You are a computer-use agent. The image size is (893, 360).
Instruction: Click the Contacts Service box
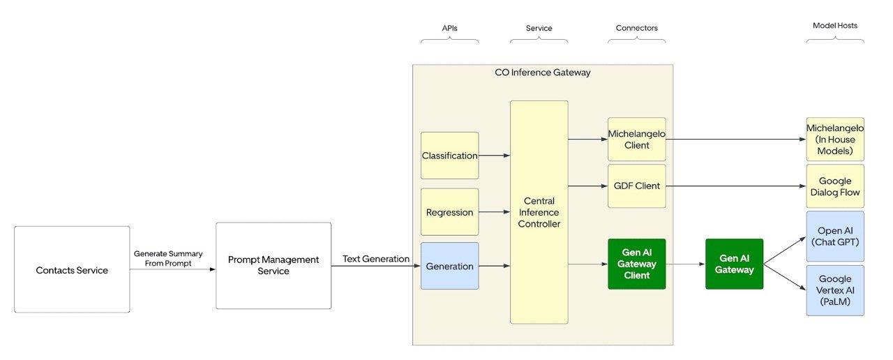72,269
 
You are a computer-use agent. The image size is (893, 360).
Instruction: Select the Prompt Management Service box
273,266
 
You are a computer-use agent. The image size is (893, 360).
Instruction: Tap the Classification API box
450,156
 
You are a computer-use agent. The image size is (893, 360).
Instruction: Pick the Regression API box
450,212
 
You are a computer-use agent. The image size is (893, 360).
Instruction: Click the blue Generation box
450,266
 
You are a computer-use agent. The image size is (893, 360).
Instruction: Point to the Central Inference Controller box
539,212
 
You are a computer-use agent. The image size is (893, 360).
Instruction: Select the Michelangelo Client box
637,139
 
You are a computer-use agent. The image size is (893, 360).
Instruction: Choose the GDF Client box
637,186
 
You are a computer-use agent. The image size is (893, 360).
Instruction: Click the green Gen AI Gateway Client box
637,264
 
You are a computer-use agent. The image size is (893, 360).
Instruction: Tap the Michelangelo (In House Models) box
835,139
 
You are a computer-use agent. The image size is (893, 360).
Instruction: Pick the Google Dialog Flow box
835,186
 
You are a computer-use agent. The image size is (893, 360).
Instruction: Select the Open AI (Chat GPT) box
835,237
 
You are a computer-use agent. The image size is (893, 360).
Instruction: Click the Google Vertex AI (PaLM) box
835,290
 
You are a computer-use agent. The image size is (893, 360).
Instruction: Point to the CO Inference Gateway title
543,73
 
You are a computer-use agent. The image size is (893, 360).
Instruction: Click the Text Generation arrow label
376,259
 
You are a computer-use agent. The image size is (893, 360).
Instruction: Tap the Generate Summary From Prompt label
168,258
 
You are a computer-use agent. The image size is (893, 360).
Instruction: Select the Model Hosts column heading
835,26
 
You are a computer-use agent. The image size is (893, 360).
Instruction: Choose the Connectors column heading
637,28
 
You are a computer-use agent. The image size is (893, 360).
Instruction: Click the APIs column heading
450,29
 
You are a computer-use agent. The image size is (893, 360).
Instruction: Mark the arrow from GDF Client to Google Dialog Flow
736,186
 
